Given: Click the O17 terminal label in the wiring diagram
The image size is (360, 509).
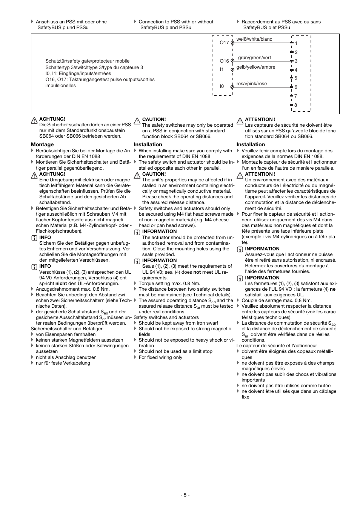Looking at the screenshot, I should (224, 43).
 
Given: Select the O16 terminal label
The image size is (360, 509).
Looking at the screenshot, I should (224, 61).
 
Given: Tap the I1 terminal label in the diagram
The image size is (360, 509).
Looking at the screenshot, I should (222, 69).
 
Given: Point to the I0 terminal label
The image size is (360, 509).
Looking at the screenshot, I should (222, 86).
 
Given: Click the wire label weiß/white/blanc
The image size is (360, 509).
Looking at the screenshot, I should (254, 39).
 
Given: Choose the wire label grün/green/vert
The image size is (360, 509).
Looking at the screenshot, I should (254, 58).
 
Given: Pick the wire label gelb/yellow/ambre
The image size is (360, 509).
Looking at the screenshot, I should (255, 67).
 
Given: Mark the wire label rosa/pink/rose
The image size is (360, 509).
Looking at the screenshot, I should (251, 84).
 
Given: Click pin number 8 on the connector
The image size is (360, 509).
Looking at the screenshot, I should (295, 105).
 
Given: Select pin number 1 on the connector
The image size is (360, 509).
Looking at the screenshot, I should (296, 43).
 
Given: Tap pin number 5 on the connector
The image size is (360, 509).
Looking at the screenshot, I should (296, 78).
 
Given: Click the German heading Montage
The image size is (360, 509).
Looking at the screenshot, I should (42, 144).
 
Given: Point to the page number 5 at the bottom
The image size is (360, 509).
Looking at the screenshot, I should (185, 495).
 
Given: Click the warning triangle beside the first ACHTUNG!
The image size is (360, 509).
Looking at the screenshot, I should (34, 121).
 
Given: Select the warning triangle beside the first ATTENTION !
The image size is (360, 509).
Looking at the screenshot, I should (240, 121).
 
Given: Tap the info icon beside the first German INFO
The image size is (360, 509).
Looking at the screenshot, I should (34, 238).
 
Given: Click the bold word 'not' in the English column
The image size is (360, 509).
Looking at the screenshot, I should (197, 272).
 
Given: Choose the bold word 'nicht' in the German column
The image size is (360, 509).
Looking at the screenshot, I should (61, 284).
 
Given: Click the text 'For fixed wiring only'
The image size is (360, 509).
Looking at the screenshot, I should (160, 357).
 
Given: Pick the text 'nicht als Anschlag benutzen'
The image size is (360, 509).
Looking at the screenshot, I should (66, 357).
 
